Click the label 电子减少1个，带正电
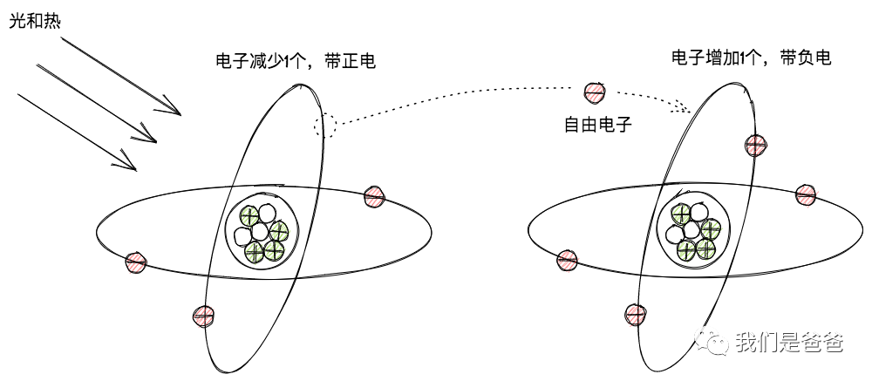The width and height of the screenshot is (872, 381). [x=296, y=61]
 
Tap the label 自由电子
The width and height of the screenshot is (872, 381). [x=597, y=126]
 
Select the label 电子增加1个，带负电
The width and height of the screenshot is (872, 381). [x=750, y=58]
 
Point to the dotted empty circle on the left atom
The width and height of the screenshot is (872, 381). [x=324, y=125]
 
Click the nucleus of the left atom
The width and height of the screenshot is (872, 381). [x=262, y=232]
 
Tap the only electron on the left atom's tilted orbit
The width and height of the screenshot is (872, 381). [x=204, y=315]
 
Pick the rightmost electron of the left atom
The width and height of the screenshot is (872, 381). [x=374, y=195]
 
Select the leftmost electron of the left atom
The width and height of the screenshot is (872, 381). [x=136, y=261]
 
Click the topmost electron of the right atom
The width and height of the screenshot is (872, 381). [x=754, y=145]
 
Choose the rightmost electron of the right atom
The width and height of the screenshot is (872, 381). [x=807, y=194]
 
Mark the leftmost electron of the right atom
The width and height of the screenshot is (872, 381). [x=567, y=258]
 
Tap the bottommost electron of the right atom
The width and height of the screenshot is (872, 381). [x=635, y=313]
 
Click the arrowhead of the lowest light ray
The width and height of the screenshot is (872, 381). [x=133, y=166]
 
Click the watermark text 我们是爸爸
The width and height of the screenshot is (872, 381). [x=789, y=343]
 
